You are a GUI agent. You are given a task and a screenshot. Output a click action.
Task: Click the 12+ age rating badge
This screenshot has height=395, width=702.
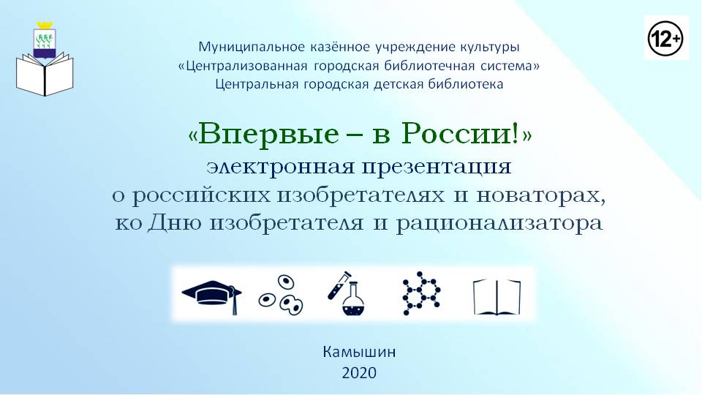(665, 39)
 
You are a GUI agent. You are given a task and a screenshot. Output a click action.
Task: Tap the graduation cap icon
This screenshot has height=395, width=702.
(212, 296)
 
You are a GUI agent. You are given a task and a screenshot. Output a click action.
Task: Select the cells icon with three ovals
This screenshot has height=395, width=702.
(281, 295)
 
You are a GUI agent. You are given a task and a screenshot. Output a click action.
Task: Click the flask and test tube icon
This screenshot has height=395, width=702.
(346, 293)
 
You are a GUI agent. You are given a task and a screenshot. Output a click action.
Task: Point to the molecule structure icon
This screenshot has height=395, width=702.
(421, 293)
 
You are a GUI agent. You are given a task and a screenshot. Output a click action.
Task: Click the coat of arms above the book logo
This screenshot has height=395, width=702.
(45, 39)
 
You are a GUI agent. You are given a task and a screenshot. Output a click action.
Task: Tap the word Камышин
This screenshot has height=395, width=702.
(359, 352)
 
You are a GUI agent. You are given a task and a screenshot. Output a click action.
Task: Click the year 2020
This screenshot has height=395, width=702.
(359, 372)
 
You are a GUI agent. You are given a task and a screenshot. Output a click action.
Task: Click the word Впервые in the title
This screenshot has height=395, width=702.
(268, 134)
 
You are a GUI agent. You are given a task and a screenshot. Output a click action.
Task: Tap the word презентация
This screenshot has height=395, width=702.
(437, 168)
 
